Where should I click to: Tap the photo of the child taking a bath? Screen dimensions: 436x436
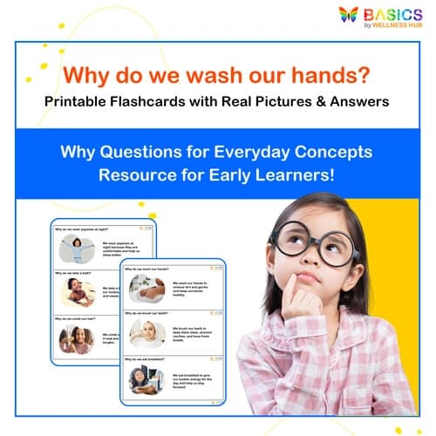pyautogui.click(x=76, y=294)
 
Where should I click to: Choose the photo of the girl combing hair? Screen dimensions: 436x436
pyautogui.click(x=76, y=338)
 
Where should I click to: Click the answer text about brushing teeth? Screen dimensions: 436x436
pyautogui.click(x=193, y=334)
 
